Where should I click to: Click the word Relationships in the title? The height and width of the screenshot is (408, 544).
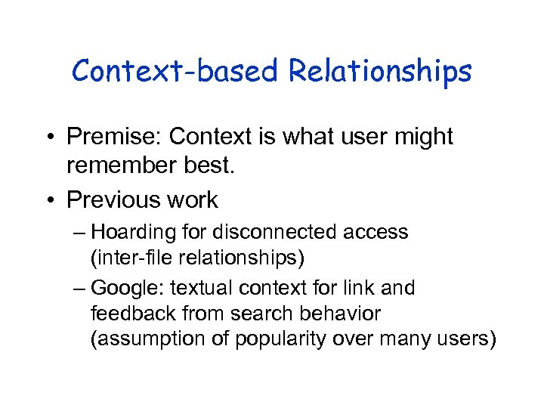coord(380,73)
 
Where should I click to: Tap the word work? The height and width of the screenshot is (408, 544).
coord(193,200)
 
